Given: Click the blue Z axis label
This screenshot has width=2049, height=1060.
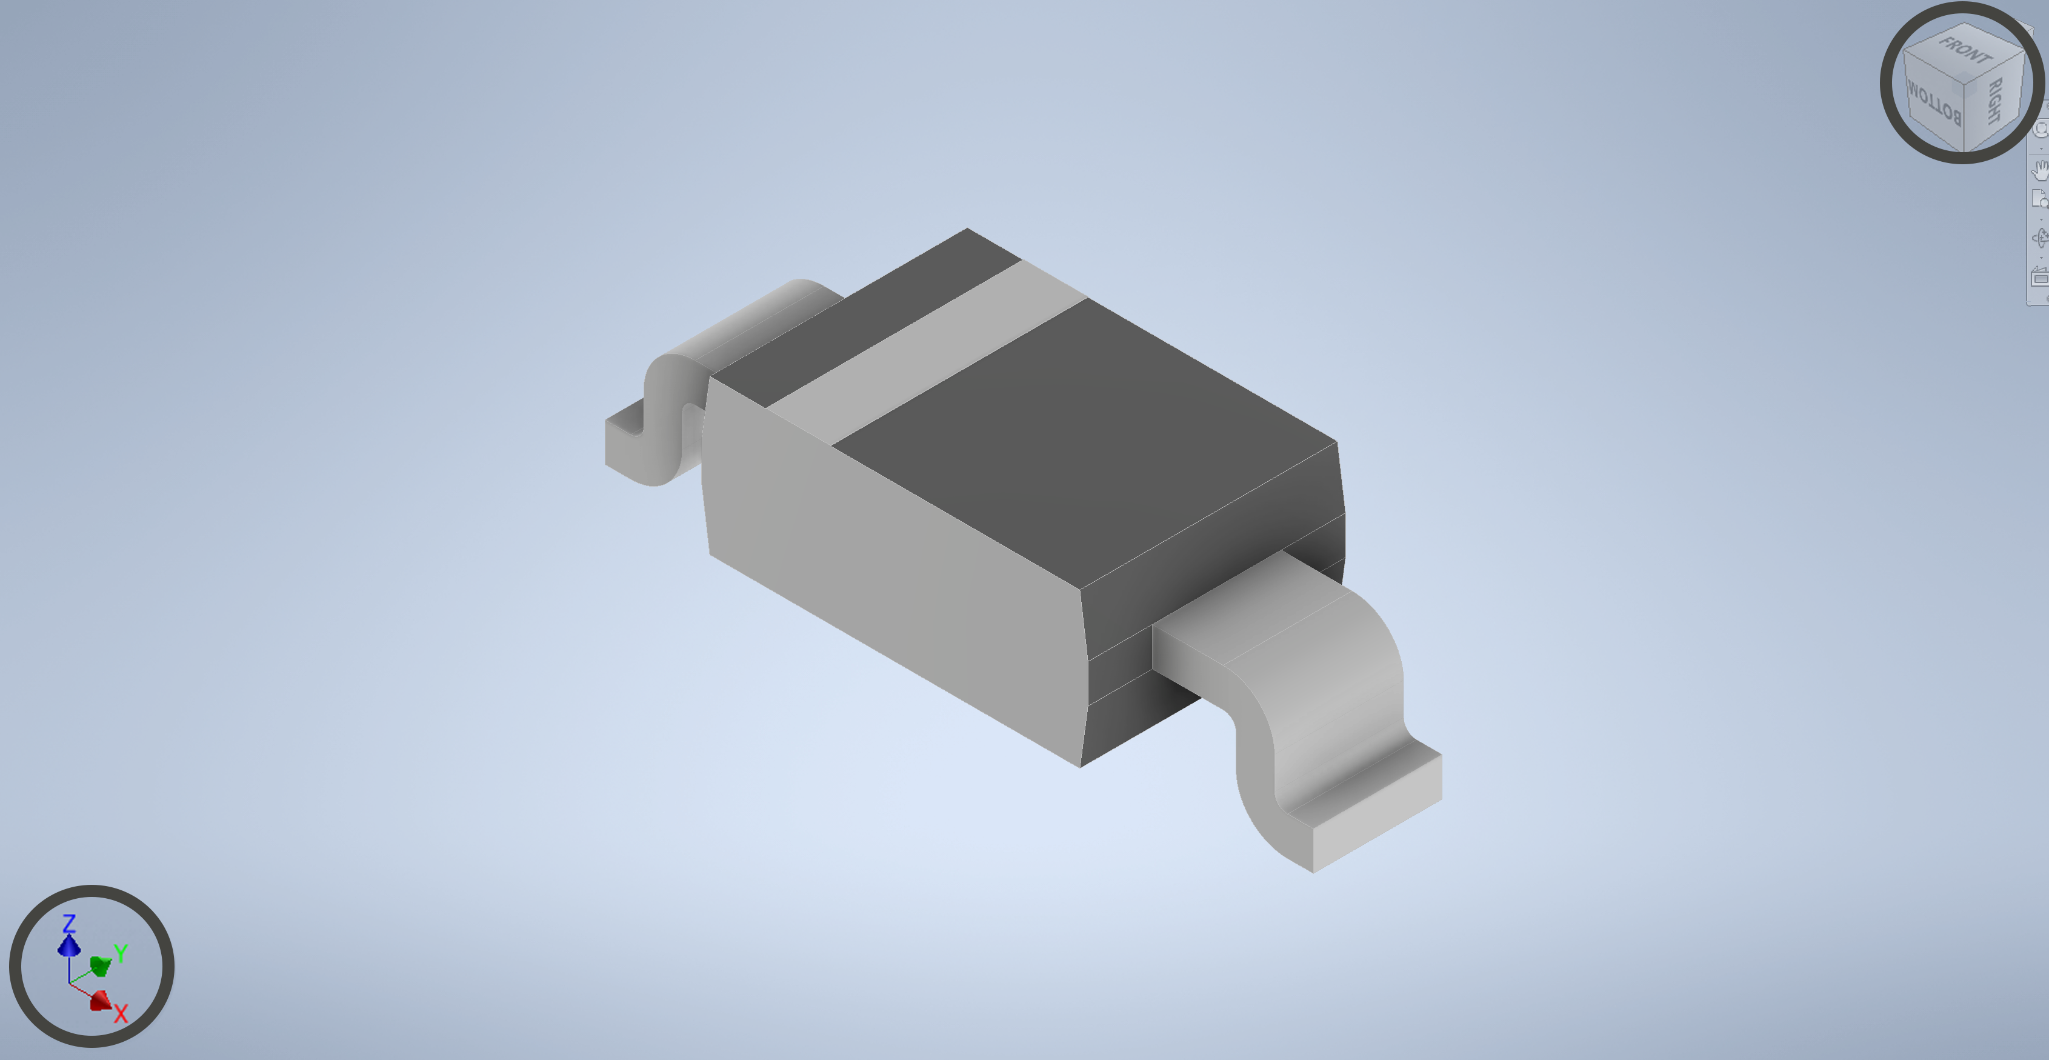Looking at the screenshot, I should (69, 923).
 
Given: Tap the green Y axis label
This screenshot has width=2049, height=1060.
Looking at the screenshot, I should (121, 952).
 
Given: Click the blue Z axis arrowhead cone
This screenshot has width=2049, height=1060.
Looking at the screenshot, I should (69, 945).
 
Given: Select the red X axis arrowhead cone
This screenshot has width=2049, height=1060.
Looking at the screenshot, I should (100, 1001).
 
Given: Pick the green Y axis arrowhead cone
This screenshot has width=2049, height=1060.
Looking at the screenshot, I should (100, 965).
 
